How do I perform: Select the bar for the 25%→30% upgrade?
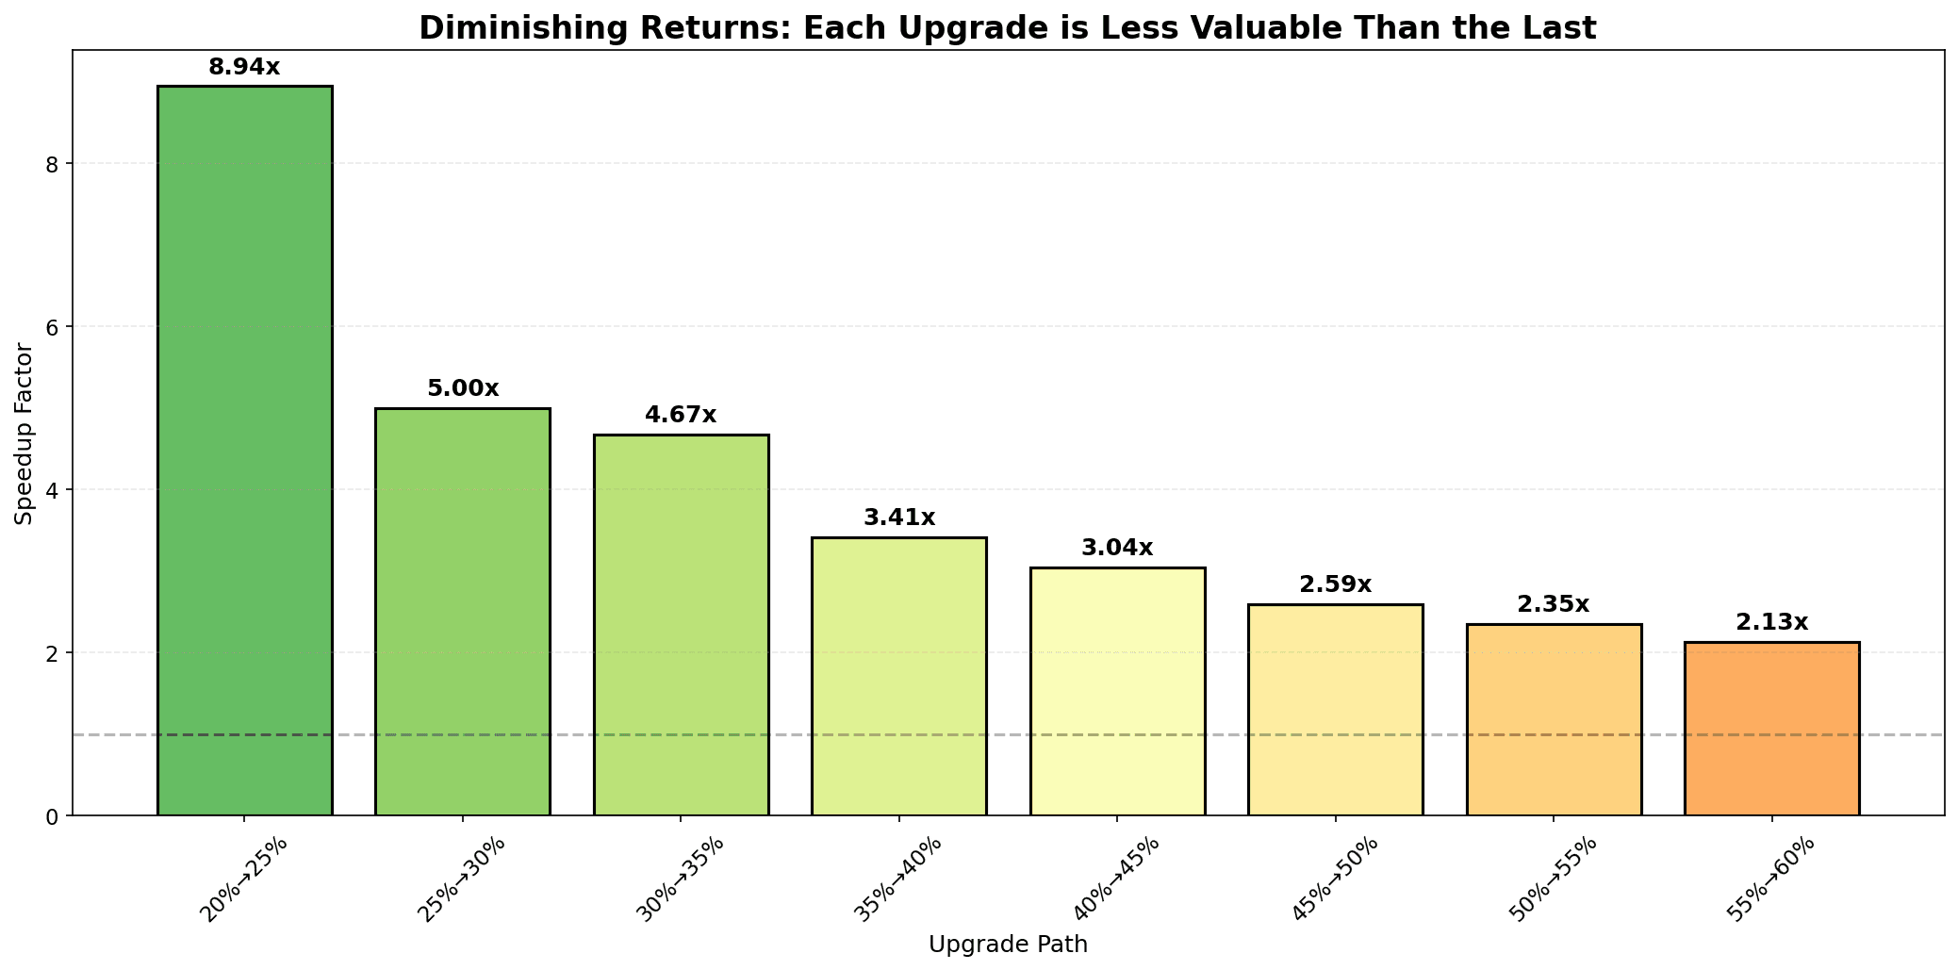[x=462, y=612]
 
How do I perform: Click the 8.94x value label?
[x=244, y=68]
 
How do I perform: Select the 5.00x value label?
[x=462, y=389]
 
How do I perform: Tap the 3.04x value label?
[x=1117, y=549]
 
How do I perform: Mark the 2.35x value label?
[x=1553, y=605]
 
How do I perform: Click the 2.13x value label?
[x=1771, y=623]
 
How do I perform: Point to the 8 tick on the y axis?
[x=51, y=164]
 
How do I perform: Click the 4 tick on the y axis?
[x=51, y=490]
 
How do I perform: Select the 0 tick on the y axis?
[x=51, y=816]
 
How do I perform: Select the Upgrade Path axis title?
[x=1008, y=945]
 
